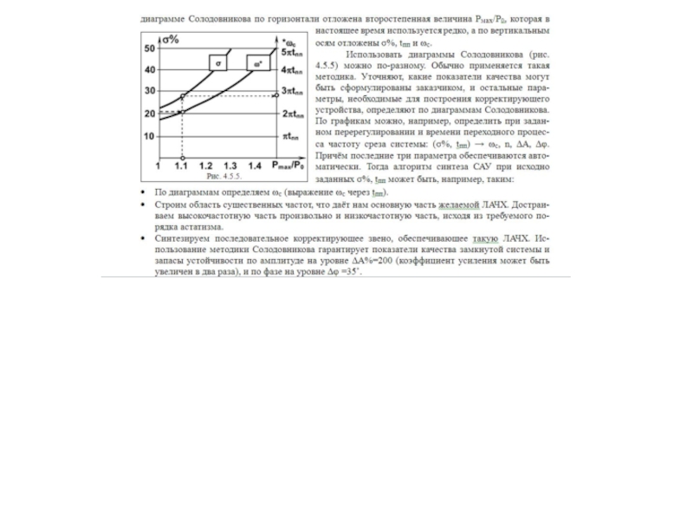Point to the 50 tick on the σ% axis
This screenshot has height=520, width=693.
tap(150, 49)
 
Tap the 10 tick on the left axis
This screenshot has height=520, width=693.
tap(150, 136)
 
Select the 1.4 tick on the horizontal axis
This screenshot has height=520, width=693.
tap(254, 165)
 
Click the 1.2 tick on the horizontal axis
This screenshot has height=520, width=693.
tap(205, 165)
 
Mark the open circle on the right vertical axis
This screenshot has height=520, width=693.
tap(276, 94)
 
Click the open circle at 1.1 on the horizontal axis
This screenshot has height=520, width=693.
tap(181, 157)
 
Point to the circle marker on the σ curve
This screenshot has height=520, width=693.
tap(181, 94)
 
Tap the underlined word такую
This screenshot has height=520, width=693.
tap(485, 238)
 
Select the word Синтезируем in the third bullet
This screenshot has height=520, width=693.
tap(181, 238)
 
